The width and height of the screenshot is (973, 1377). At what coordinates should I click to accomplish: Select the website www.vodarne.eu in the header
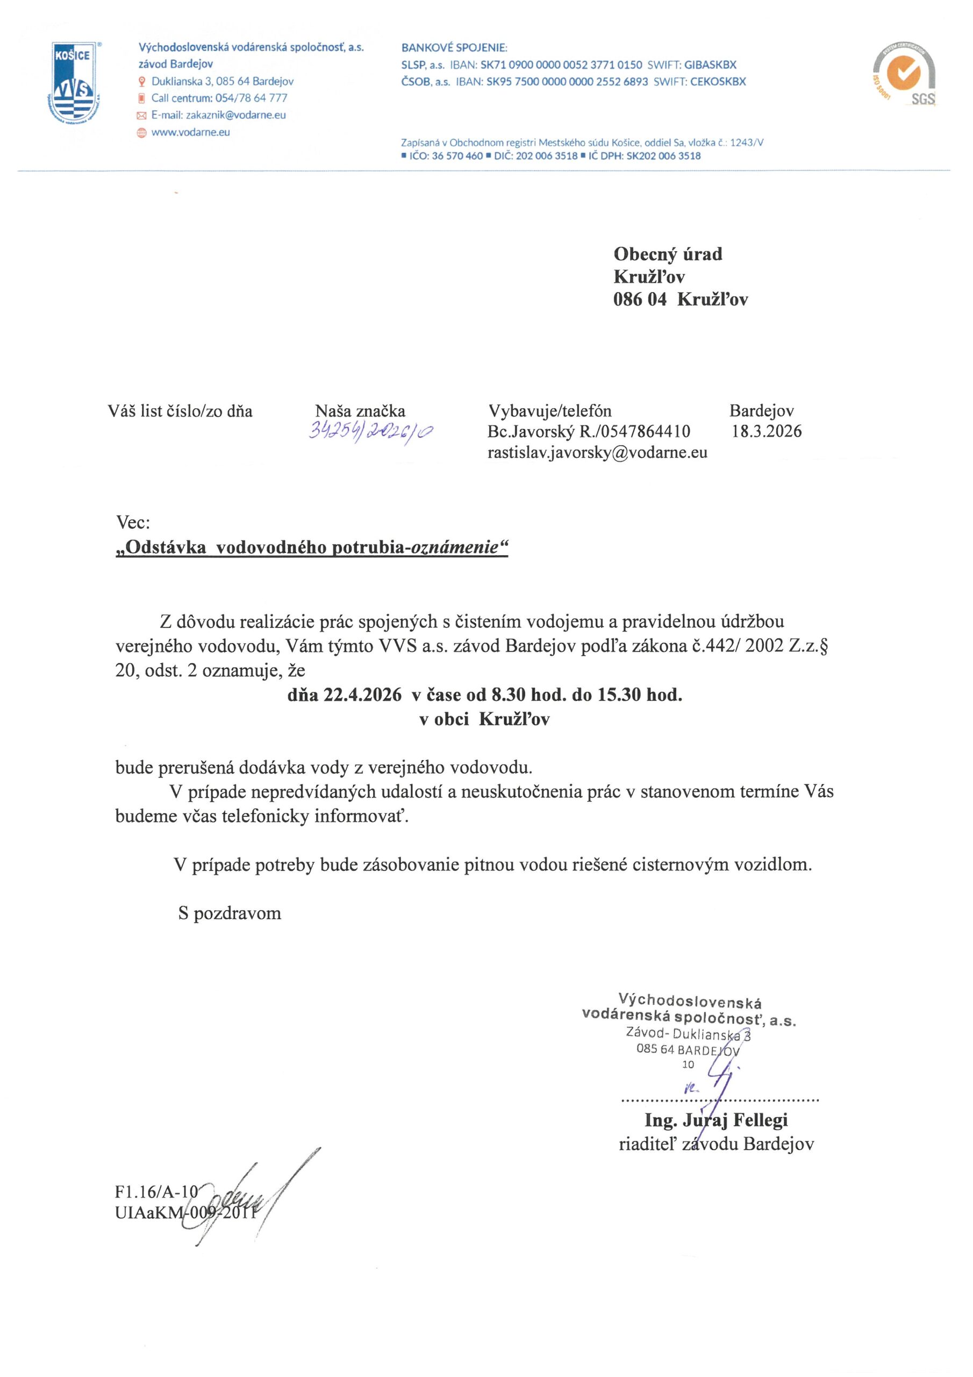(x=191, y=132)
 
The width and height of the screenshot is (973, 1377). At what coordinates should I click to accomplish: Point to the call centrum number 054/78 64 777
(x=251, y=98)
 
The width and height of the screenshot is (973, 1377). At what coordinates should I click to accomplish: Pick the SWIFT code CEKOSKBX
(x=718, y=82)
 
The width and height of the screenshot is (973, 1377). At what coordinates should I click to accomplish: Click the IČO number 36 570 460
(x=457, y=156)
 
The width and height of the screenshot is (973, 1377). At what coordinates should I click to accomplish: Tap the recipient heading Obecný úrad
(x=667, y=254)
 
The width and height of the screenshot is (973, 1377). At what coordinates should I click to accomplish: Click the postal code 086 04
(x=639, y=299)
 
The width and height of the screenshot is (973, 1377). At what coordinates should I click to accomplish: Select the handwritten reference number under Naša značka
(x=371, y=431)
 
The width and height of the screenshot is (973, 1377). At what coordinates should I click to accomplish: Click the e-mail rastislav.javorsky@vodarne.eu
(x=597, y=452)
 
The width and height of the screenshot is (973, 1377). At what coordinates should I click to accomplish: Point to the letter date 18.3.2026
(x=766, y=431)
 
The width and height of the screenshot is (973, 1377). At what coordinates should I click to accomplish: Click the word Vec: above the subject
(x=132, y=522)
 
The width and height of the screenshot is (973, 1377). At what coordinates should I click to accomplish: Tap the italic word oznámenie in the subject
(x=454, y=547)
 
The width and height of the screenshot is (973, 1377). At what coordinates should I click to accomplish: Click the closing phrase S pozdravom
(x=230, y=913)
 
